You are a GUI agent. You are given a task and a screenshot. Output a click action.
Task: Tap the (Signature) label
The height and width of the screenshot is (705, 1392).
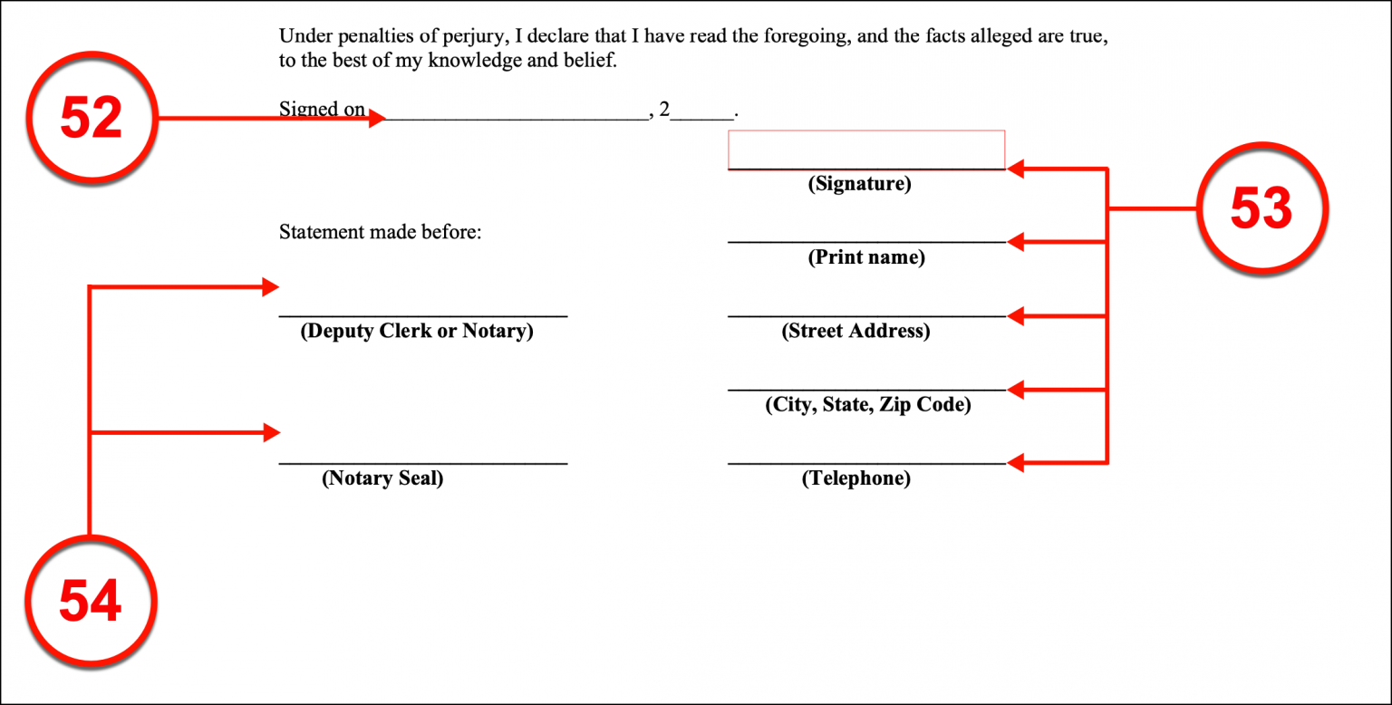(x=859, y=184)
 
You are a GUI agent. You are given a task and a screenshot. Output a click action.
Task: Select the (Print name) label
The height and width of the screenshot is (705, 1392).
(x=866, y=257)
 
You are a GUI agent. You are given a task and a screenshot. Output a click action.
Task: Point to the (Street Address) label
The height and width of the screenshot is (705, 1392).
(x=855, y=331)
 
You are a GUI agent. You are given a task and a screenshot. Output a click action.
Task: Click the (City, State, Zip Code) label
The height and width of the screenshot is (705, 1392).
(x=867, y=404)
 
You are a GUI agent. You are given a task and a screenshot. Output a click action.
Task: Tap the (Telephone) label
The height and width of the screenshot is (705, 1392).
(x=855, y=478)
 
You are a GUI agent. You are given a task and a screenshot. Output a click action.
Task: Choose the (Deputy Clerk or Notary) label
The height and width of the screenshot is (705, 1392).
(x=416, y=331)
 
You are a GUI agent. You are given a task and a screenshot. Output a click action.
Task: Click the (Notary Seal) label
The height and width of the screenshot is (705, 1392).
(x=382, y=478)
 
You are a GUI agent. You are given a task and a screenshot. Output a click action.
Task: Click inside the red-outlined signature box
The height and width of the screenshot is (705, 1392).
(x=866, y=150)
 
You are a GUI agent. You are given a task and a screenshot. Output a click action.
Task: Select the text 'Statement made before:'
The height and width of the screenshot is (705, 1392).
(x=380, y=232)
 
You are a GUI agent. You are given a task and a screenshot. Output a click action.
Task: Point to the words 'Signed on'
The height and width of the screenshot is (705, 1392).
(x=322, y=110)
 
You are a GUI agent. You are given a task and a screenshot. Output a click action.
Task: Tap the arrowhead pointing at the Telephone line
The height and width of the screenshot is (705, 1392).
(x=1015, y=462)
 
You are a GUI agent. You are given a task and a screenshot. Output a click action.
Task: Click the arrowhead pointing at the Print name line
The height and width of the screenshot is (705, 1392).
(x=1015, y=242)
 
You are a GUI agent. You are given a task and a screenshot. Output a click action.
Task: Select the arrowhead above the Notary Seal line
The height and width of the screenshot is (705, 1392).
(x=272, y=432)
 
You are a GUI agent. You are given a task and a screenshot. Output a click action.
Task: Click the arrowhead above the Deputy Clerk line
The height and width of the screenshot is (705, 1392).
(x=270, y=287)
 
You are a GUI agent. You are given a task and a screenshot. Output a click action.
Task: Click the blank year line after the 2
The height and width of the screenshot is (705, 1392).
(x=702, y=118)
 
